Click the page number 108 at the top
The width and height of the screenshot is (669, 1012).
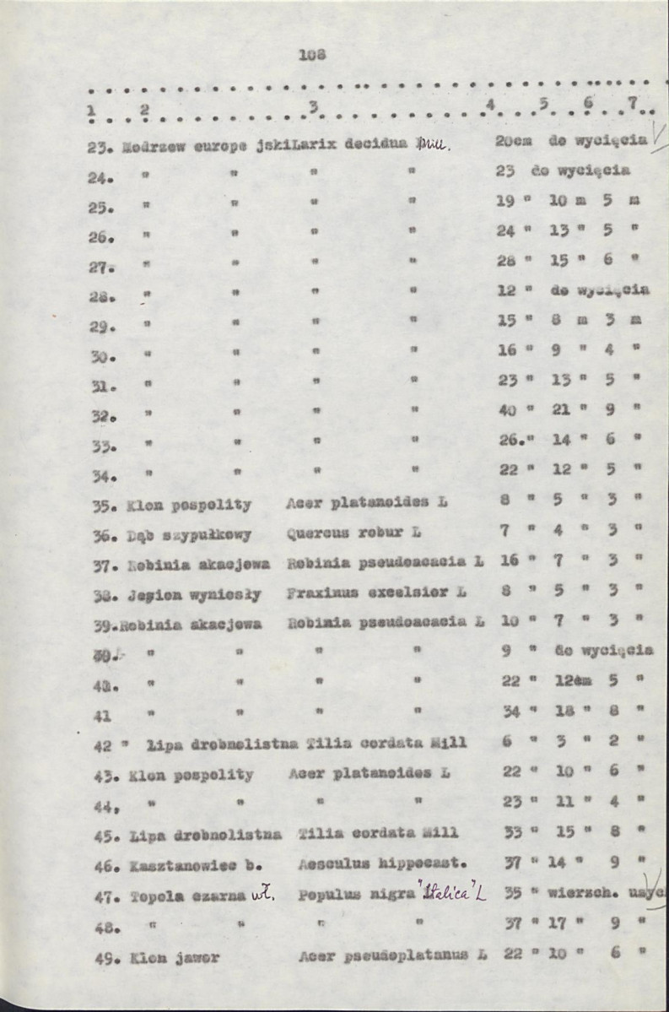point(311,55)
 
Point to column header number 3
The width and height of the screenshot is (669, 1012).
point(313,106)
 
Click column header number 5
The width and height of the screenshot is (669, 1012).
point(544,105)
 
